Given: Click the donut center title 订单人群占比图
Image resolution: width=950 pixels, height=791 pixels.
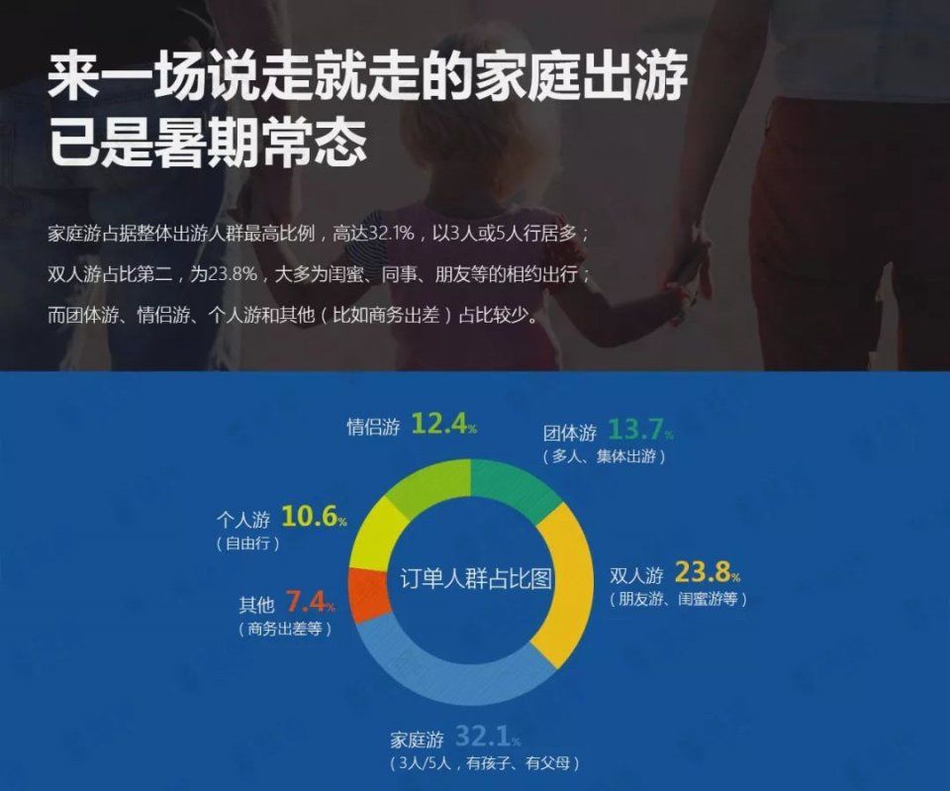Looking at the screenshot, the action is [476, 579].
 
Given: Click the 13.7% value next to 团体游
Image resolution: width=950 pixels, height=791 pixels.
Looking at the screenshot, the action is [640, 430].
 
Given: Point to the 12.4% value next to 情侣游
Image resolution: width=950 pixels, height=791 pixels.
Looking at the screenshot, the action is [444, 424].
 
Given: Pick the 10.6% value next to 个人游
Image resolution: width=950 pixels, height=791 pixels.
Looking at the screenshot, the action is [315, 517].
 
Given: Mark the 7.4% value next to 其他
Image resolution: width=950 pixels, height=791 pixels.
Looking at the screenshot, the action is [310, 602].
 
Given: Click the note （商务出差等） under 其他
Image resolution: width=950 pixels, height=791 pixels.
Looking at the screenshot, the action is [285, 629].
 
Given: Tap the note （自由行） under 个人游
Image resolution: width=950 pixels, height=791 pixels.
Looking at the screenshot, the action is [247, 544].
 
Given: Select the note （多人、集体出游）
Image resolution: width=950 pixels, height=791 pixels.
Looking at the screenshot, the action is [604, 456].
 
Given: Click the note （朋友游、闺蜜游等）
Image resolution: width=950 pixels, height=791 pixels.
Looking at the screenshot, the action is [678, 600].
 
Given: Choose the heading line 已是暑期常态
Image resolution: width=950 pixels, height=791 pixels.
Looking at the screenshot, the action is [208, 144].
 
